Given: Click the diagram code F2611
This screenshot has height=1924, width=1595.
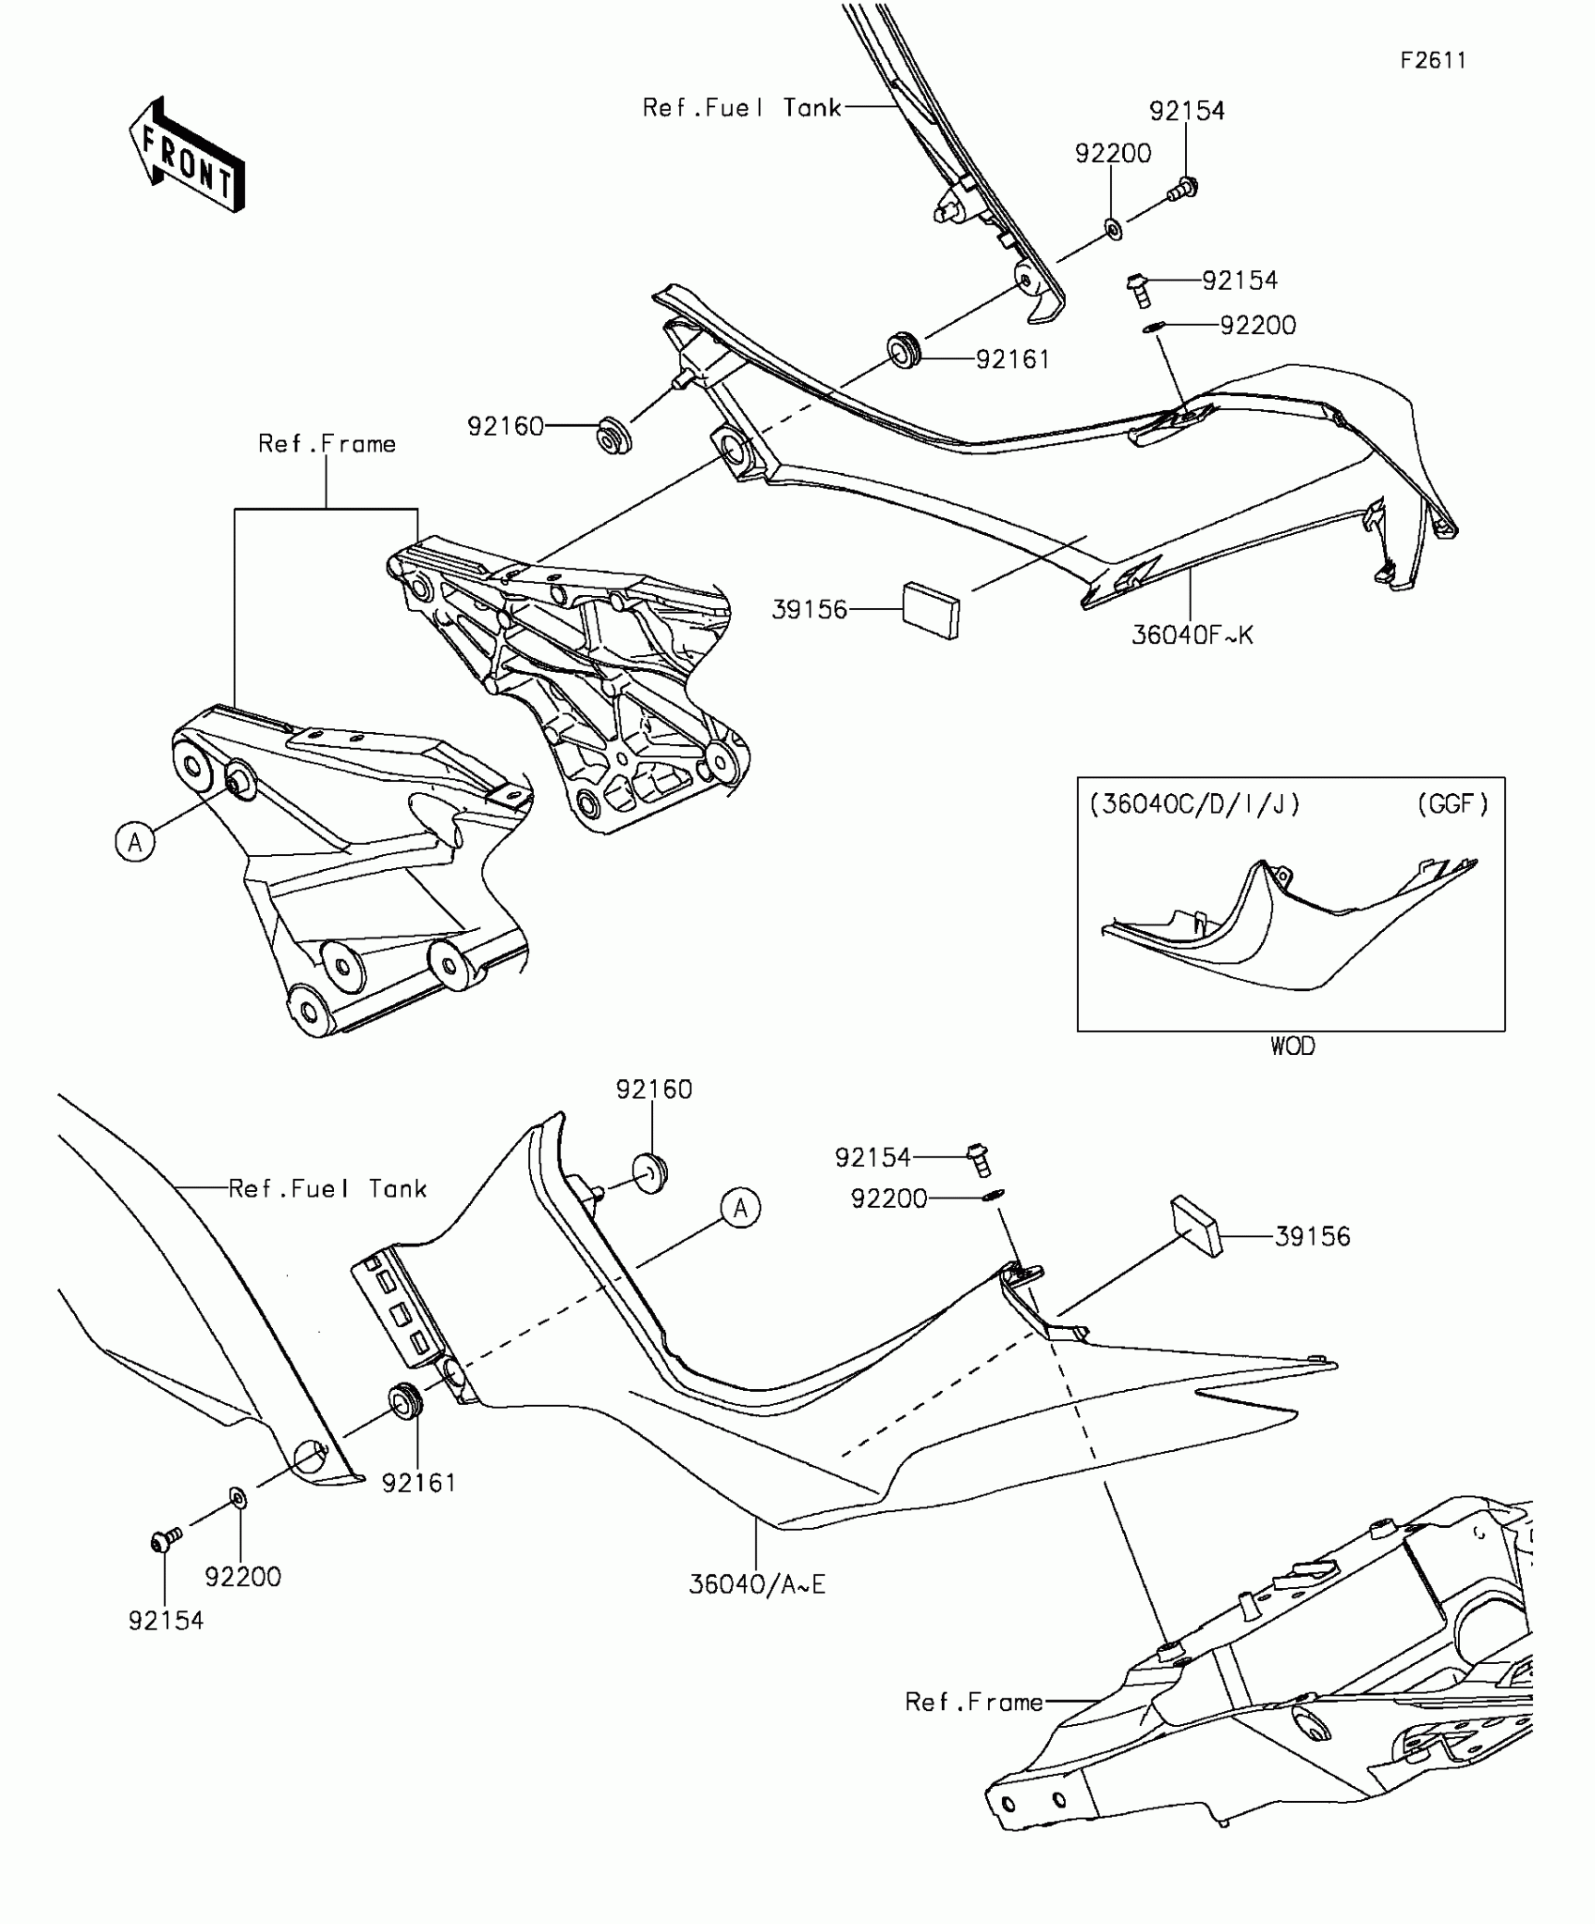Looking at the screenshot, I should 1433,61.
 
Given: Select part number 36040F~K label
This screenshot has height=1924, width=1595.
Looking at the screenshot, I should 1192,635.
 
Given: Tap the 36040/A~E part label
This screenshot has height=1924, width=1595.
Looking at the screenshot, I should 756,1584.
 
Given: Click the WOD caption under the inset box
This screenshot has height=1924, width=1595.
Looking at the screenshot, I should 1292,1046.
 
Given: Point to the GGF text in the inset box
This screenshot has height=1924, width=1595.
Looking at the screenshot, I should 1452,804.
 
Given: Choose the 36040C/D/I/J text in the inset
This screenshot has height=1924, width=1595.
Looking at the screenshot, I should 1194,804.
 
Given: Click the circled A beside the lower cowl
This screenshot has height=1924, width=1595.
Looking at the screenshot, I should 740,1208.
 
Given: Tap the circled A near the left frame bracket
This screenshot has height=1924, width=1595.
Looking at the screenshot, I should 135,842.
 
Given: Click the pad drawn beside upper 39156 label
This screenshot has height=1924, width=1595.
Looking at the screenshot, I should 932,610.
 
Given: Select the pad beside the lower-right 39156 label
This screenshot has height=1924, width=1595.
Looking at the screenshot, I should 1195,1225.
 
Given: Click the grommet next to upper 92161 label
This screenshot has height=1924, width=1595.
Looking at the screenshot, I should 905,349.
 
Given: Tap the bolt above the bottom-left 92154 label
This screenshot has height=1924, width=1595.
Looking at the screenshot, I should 166,1539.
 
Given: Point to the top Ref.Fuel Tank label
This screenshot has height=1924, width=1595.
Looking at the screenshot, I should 741,108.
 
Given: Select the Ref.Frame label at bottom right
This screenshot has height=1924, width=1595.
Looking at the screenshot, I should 973,1702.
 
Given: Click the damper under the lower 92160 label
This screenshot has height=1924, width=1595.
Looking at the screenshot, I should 649,1173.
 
